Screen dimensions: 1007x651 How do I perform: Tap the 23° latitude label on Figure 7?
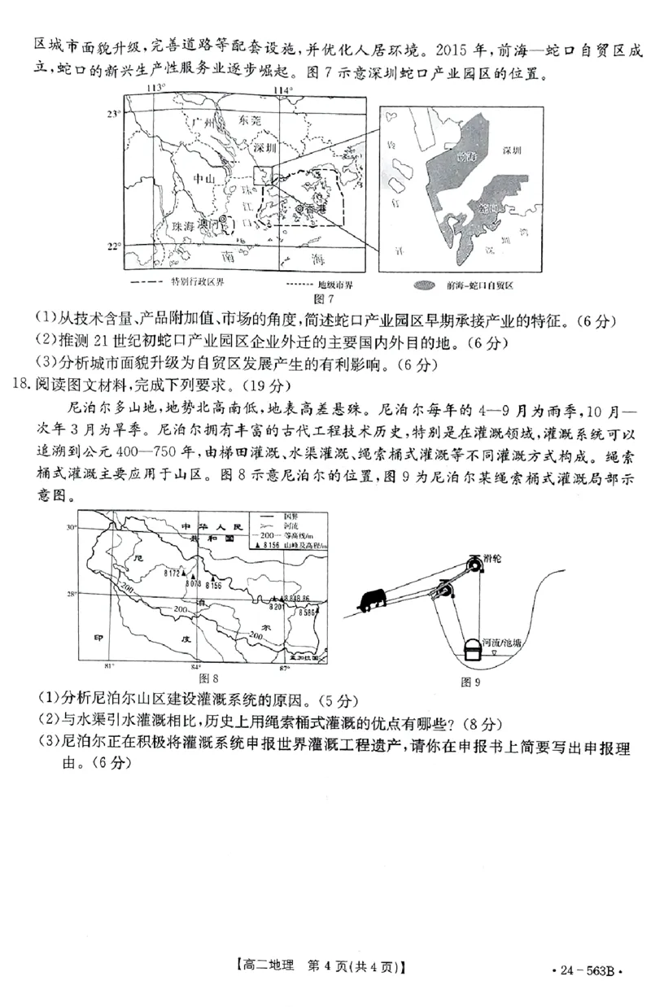point(116,115)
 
